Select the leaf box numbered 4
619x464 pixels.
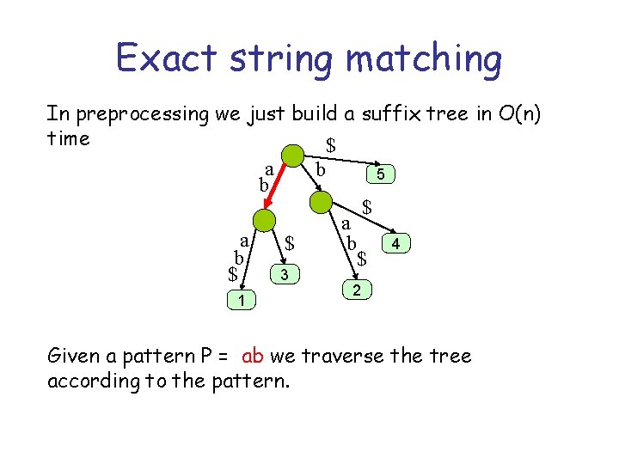(x=395, y=245)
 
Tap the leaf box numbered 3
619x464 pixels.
(x=285, y=274)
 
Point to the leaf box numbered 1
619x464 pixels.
(x=242, y=299)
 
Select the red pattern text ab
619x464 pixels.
(x=253, y=355)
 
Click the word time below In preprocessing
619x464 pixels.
(x=69, y=137)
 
